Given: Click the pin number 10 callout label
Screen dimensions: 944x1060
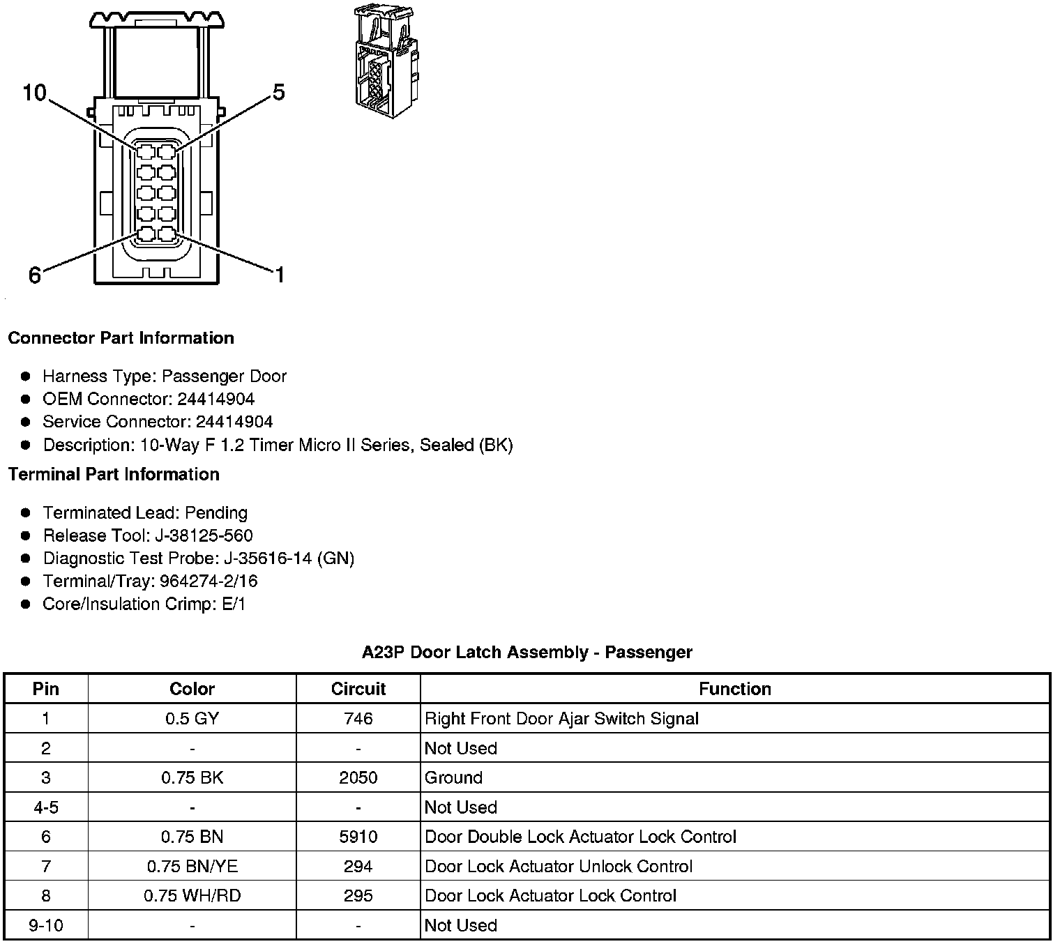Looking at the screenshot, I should [34, 92].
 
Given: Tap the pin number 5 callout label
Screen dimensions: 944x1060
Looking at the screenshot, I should [278, 92].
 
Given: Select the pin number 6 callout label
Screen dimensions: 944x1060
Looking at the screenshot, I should [35, 275].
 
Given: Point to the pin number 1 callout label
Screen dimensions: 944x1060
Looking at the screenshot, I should [279, 275].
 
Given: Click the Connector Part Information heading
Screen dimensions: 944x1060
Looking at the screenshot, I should [121, 338].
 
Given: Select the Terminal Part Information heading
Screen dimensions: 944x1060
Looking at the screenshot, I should [114, 475].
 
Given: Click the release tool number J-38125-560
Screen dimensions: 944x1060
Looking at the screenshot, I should [205, 536].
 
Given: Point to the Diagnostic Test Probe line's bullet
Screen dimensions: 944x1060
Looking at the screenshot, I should [26, 558].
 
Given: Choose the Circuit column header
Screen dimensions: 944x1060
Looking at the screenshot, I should [358, 689].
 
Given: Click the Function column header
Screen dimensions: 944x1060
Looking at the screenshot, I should [735, 689].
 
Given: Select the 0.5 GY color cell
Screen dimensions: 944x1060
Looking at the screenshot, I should [192, 719].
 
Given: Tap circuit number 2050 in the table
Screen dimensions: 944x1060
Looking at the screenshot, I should [358, 777].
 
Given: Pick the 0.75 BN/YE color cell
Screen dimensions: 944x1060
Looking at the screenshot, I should [192, 867].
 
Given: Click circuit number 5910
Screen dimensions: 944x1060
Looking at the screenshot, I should [358, 837].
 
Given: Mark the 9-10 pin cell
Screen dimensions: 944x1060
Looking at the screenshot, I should [46, 925].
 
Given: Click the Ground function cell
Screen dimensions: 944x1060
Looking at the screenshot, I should [453, 777].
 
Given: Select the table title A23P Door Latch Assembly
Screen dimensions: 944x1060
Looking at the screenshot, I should [527, 653].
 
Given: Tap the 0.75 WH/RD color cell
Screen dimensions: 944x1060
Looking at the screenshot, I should [192, 896].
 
